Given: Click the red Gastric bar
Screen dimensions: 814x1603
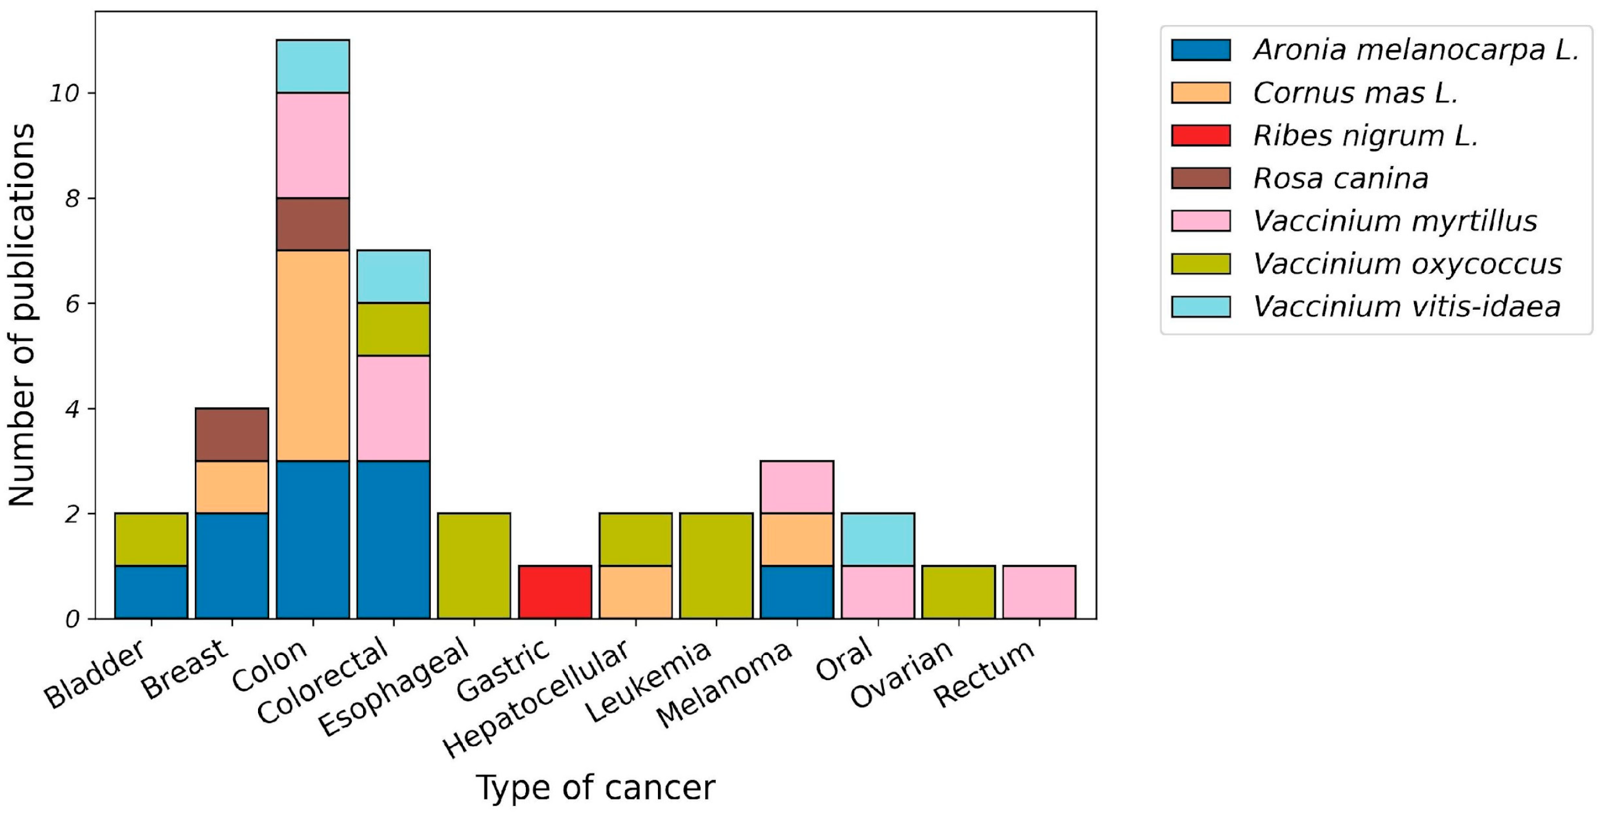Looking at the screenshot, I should tap(555, 592).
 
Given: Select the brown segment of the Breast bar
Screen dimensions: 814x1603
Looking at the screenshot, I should tap(232, 435).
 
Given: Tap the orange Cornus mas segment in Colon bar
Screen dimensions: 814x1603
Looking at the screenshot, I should tap(312, 355).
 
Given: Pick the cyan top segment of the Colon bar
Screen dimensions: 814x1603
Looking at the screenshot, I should tap(312, 66).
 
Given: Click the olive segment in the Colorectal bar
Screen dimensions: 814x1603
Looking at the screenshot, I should tap(393, 329).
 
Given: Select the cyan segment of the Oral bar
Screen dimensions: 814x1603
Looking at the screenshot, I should tap(877, 539).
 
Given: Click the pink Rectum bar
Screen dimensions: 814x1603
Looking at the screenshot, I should tap(1039, 592).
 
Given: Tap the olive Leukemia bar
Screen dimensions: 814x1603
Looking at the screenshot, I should tap(716, 566).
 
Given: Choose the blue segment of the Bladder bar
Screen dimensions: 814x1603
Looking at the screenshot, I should tap(151, 592).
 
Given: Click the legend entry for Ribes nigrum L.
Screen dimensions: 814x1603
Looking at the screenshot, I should tap(1365, 136).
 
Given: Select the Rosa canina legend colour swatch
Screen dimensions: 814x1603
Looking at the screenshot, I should tap(1200, 178).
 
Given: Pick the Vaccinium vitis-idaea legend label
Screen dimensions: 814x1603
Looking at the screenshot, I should tap(1406, 306).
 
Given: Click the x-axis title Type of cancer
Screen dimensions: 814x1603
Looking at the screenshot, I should tap(595, 787).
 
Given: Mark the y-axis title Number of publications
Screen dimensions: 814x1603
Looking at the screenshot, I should tap(22, 314).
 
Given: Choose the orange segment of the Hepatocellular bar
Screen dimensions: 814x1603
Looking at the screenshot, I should tap(635, 592).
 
